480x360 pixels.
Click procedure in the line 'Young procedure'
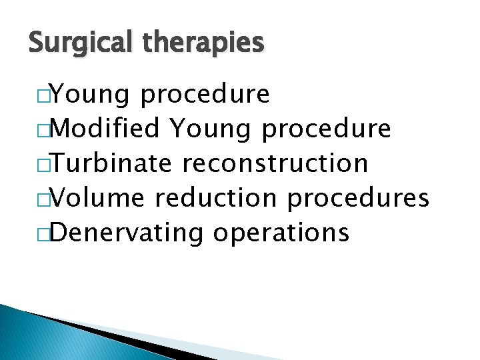tap(205, 95)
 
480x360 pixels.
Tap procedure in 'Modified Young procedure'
tap(327, 129)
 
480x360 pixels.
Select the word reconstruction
tap(275, 163)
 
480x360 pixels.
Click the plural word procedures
tap(367, 198)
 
